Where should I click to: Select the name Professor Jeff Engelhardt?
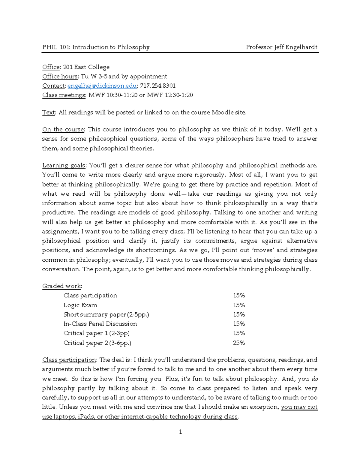pyautogui.click(x=281, y=47)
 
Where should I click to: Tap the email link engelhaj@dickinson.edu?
pyautogui.click(x=102, y=86)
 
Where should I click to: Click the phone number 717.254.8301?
pyautogui.click(x=158, y=86)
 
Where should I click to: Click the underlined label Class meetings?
pyautogui.click(x=64, y=95)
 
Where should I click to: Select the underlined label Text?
pyautogui.click(x=49, y=113)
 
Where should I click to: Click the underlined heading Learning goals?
pyautogui.click(x=64, y=165)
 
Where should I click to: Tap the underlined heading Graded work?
pyautogui.click(x=61, y=286)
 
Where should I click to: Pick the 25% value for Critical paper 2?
pyautogui.click(x=239, y=343)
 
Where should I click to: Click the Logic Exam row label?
pyautogui.click(x=80, y=305)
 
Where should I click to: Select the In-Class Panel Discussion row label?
pyautogui.click(x=100, y=324)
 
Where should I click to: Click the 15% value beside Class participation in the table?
pyautogui.click(x=239, y=296)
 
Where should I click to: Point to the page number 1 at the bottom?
pyautogui.click(x=180, y=432)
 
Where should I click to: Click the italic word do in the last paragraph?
pyautogui.click(x=315, y=379)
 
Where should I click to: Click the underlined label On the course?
pyautogui.click(x=63, y=130)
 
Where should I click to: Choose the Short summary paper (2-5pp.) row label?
pyautogui.click(x=106, y=314)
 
